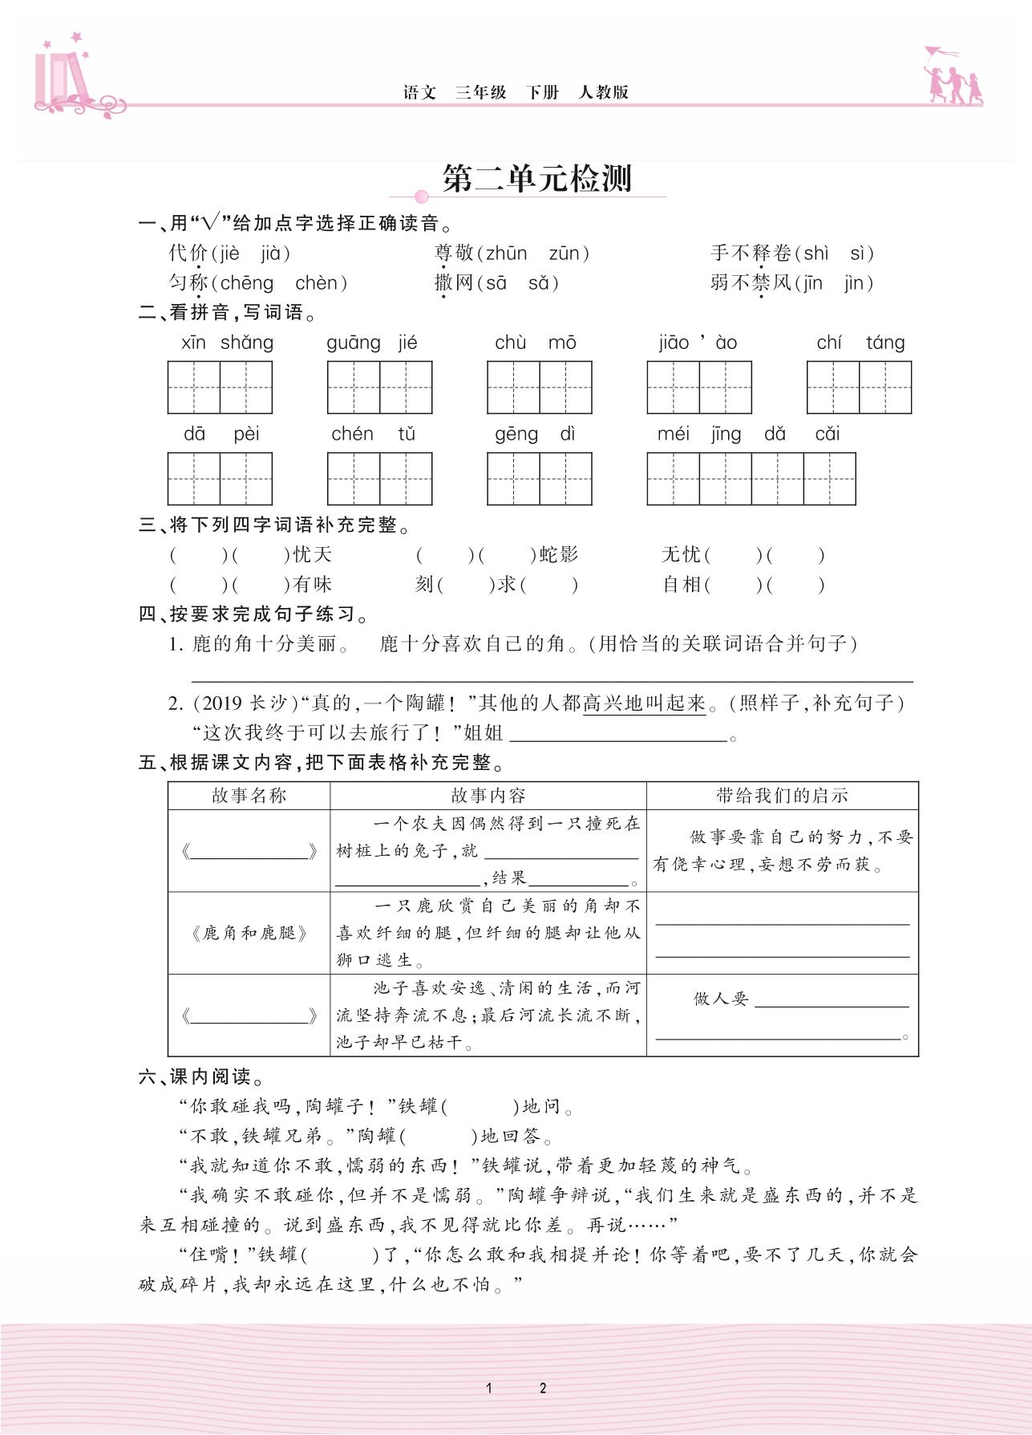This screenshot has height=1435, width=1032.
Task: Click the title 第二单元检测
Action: (x=537, y=179)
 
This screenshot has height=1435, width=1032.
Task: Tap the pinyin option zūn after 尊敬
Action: (x=564, y=254)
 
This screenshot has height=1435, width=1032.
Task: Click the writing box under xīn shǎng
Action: (x=220, y=387)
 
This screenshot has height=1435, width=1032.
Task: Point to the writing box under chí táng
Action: (x=859, y=387)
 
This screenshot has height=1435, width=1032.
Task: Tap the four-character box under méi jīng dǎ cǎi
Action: (x=751, y=479)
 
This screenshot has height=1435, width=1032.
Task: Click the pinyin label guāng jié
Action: (x=372, y=343)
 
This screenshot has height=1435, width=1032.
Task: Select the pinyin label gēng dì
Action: (x=535, y=434)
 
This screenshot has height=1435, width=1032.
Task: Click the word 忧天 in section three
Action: (x=312, y=555)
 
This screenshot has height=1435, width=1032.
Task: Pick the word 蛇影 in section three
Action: (x=558, y=555)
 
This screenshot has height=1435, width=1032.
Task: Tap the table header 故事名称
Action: (x=249, y=796)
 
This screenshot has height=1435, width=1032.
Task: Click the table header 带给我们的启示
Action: (x=782, y=796)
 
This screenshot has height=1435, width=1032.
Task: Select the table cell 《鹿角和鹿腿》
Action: (x=249, y=933)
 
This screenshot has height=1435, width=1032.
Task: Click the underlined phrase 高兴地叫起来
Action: (x=644, y=703)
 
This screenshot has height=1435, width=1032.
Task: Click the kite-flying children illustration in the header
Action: (x=953, y=77)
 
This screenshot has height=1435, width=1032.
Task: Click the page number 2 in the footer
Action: (x=543, y=1388)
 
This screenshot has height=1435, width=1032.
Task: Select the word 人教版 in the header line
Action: (x=604, y=92)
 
